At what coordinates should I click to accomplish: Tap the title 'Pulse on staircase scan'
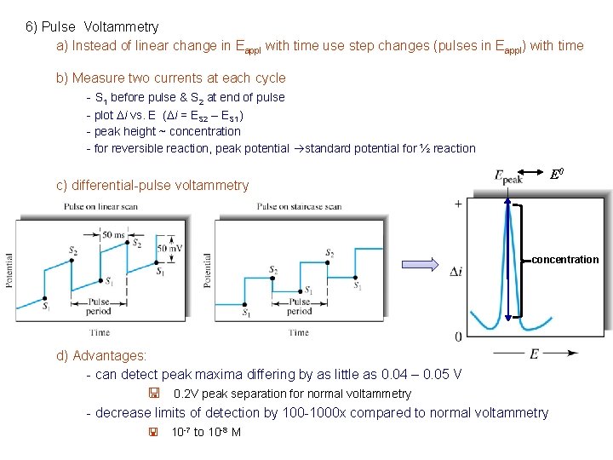pyautogui.click(x=299, y=207)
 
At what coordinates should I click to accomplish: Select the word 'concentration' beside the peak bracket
pyautogui.click(x=565, y=259)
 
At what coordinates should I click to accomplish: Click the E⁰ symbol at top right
pyautogui.click(x=557, y=175)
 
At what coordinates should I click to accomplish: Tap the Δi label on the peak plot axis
pyautogui.click(x=457, y=271)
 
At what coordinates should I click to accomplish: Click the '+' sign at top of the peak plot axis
pyautogui.click(x=459, y=204)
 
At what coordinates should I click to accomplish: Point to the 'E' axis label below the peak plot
pyautogui.click(x=535, y=353)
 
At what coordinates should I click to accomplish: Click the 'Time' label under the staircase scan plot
pyautogui.click(x=298, y=333)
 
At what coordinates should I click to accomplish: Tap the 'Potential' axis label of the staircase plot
pyautogui.click(x=207, y=269)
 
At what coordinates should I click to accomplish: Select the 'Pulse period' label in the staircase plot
pyautogui.click(x=300, y=307)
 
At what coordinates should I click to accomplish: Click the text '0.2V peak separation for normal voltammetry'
pyautogui.click(x=292, y=394)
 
